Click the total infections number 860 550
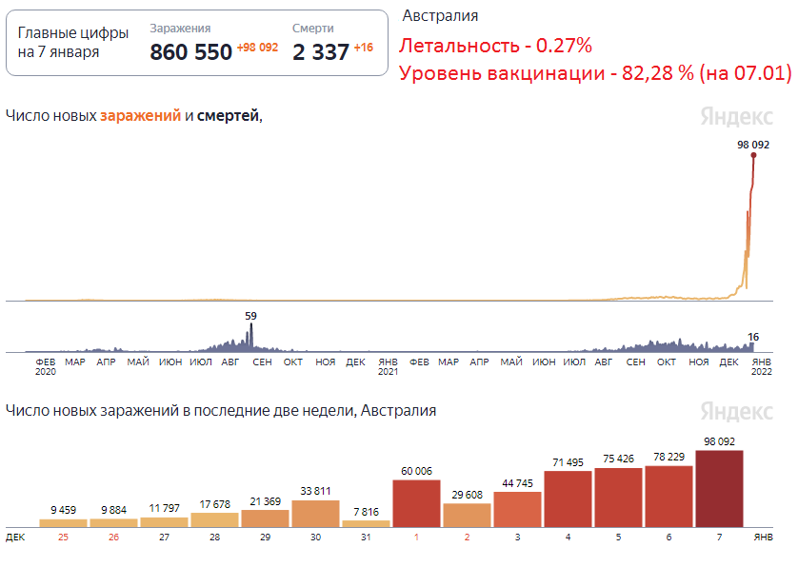191,52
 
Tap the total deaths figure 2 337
321,52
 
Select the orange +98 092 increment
257,48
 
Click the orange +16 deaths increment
363,48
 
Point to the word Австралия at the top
440,16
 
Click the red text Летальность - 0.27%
495,46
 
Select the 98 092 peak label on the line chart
752,145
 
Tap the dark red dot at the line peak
754,156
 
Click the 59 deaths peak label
250,315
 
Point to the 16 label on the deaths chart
752,337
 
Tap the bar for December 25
63,522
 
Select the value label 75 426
618,459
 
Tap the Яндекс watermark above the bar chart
736,411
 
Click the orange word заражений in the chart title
140,116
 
